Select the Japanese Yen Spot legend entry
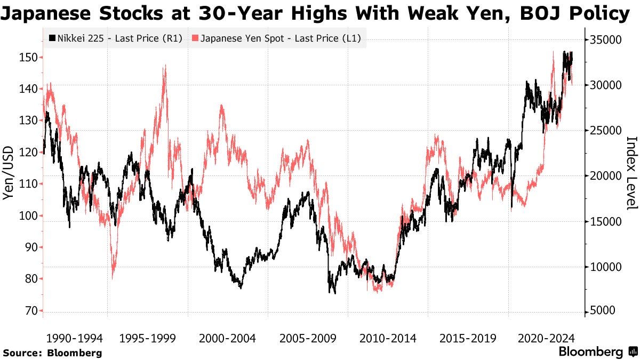pos(277,38)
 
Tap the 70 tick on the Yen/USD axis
pos(31,311)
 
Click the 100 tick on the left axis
pos(29,215)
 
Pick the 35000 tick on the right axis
pos(605,40)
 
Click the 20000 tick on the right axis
pos(605,176)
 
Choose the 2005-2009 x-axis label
pos(307,338)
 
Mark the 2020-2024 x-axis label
pos(546,338)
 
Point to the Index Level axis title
pos(631,173)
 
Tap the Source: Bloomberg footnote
pos(52,353)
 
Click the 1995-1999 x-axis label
pos(151,338)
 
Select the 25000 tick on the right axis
pos(605,131)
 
